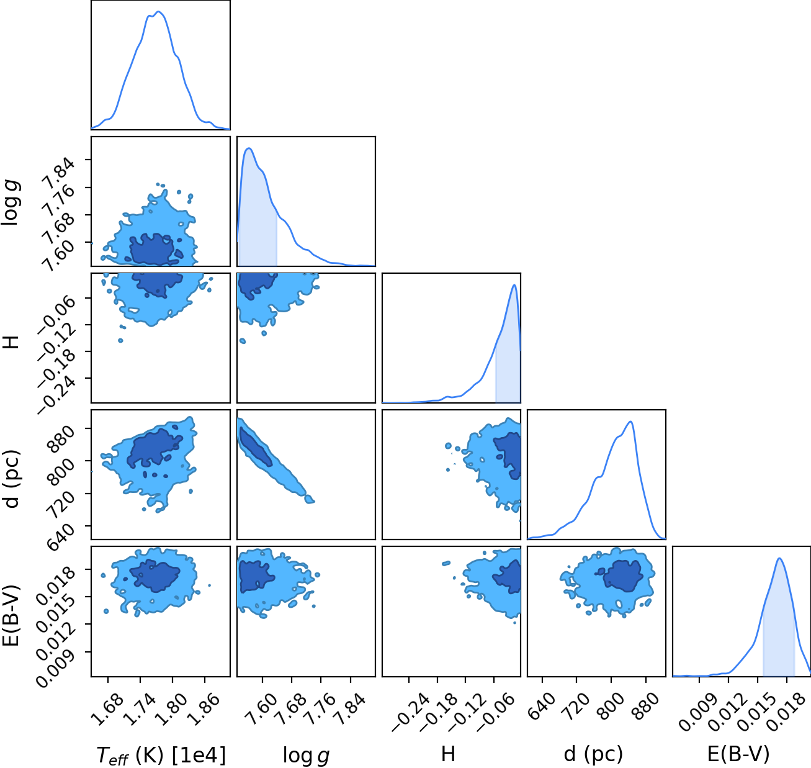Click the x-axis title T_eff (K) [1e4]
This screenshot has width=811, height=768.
161,756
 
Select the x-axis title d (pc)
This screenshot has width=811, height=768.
593,754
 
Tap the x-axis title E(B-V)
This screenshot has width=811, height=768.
738,754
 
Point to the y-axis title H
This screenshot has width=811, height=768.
11,342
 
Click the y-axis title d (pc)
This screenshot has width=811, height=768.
12,478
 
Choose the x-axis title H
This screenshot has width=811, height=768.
448,754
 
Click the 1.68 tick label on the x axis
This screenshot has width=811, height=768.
107,710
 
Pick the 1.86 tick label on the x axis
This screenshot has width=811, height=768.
203,710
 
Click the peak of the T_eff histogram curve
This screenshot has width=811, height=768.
159,12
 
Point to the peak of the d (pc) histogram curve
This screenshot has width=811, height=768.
630,422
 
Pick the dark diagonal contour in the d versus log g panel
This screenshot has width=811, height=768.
256,446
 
